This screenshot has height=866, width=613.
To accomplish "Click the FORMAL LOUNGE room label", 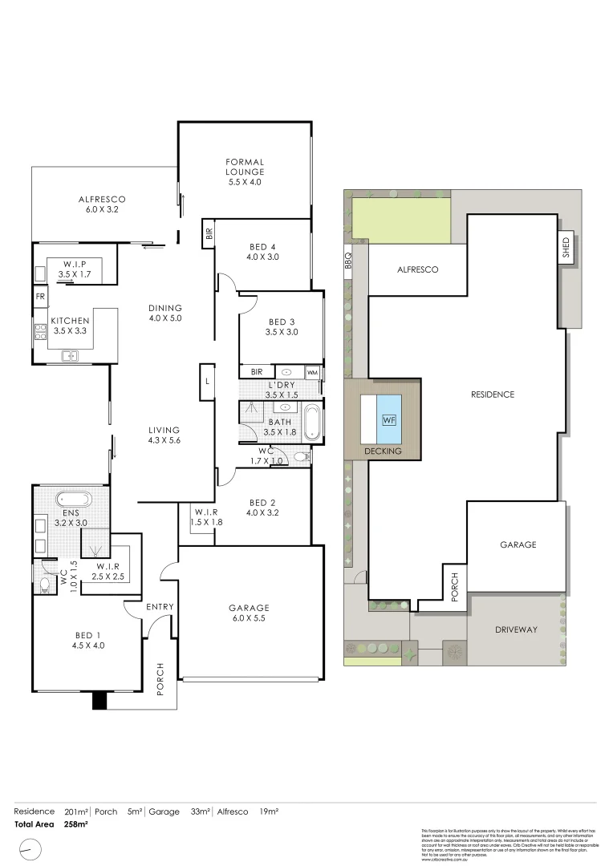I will coord(244,172).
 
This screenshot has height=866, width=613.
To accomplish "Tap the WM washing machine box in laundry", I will coord(312,373).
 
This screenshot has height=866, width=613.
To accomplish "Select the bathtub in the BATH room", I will coord(311,423).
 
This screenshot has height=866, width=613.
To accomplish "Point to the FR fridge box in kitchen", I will coord(40,297).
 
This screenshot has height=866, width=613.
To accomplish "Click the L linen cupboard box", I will coord(207,381).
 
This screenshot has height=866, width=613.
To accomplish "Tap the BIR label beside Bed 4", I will coord(209,234).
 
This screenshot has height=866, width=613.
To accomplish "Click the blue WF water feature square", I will coord(389,419).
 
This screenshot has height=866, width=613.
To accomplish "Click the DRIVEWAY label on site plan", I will coord(517,629).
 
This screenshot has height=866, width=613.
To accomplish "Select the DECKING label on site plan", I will coord(382,451).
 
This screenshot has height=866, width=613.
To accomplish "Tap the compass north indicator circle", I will coord(30,848).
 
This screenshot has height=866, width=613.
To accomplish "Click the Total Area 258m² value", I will coord(75,824).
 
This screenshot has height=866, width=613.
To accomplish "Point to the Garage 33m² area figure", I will coord(200,811).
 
